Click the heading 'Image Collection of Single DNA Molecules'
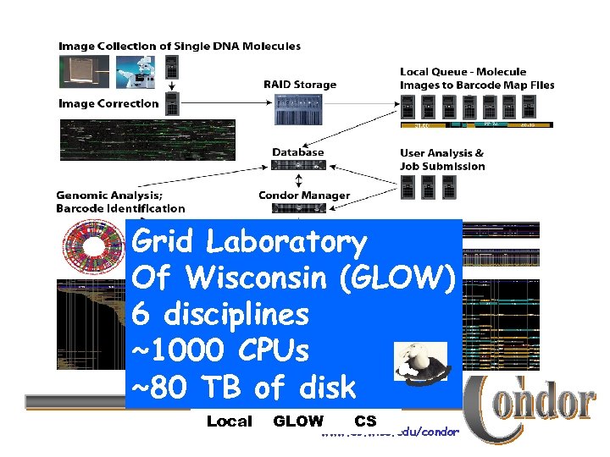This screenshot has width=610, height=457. (179, 46)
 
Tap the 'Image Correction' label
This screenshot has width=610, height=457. (108, 104)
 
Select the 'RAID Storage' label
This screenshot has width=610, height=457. (300, 85)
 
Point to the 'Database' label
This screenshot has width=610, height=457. (297, 152)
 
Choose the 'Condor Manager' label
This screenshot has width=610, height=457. (304, 195)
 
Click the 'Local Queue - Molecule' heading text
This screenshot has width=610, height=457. (463, 72)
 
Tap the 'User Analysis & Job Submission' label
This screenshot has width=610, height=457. (442, 160)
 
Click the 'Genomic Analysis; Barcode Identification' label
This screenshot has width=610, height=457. (119, 201)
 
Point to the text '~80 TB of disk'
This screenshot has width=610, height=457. (244, 388)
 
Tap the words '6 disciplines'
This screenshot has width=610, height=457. (220, 315)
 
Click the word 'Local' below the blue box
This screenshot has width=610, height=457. (230, 421)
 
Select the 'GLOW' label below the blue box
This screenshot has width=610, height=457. (297, 421)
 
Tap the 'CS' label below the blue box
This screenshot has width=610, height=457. (365, 421)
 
